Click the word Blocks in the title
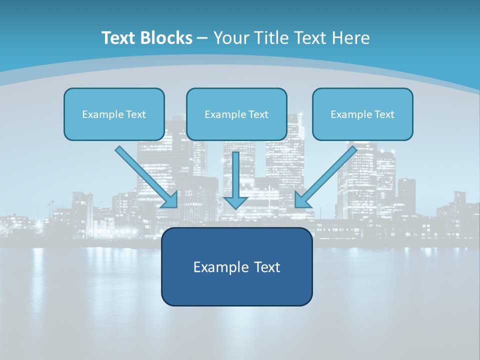[167, 38]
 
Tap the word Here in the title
[350, 38]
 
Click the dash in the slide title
[202, 38]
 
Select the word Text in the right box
[384, 114]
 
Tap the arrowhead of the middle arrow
[235, 202]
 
